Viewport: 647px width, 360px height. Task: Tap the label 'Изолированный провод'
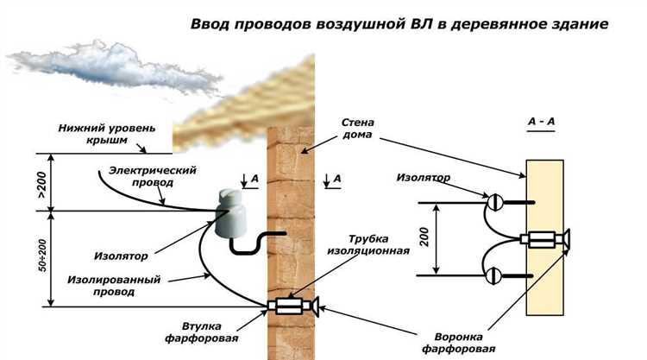(106, 286)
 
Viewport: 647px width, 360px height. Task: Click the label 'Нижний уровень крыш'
(108, 133)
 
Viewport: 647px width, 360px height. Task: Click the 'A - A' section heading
(541, 123)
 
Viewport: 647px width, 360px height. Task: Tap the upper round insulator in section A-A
(495, 202)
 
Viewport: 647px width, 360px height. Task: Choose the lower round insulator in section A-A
(494, 276)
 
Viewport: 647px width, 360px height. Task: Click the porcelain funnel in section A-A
(566, 238)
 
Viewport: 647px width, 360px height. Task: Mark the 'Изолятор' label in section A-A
(424, 177)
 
